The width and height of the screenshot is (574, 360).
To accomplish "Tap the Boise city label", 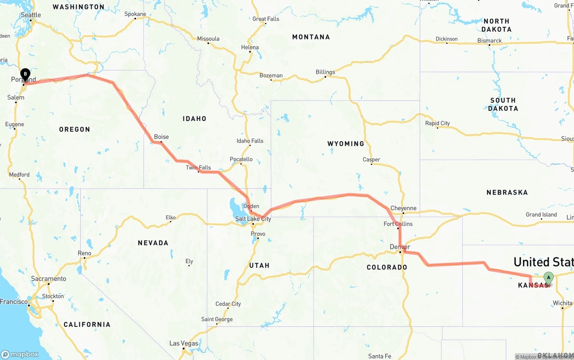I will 161,137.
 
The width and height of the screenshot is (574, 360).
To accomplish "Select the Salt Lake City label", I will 253,219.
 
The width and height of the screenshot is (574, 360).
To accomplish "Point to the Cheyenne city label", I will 404,208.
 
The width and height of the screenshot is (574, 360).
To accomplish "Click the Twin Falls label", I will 198,168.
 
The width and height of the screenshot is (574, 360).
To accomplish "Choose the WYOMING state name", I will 346,143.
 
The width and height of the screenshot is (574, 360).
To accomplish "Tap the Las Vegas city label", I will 184,343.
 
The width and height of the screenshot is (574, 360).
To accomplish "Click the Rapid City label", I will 438,123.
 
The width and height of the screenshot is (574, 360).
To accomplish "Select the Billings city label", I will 325,72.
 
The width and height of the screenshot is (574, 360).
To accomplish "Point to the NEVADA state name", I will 153,243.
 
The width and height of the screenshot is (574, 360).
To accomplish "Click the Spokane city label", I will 135,14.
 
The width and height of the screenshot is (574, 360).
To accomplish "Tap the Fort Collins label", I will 398,224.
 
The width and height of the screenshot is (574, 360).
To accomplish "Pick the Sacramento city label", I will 48,279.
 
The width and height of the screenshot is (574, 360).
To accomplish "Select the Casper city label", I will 371,160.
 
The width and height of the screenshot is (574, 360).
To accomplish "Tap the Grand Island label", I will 541,215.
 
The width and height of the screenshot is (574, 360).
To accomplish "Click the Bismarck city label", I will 490,40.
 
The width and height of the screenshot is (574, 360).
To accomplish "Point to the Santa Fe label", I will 379,356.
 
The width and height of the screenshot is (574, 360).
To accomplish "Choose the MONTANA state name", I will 311,37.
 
